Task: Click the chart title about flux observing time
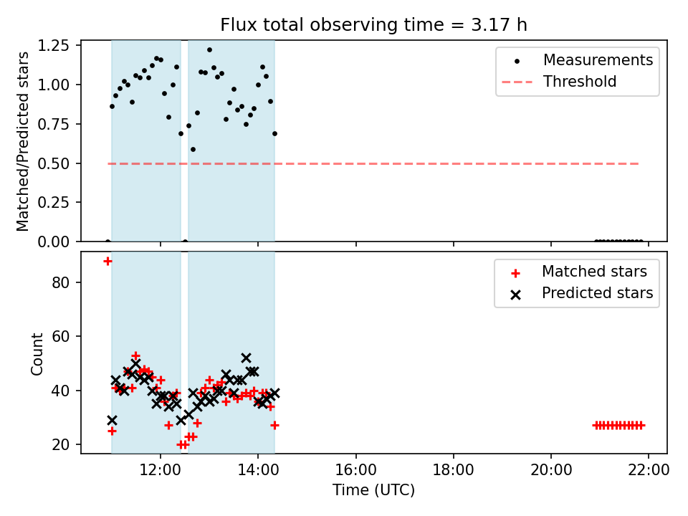pyautogui.click(x=373, y=25)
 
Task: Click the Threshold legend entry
pyautogui.click(x=560, y=82)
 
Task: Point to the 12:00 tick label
pyautogui.click(x=160, y=470)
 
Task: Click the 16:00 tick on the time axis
pyautogui.click(x=356, y=470)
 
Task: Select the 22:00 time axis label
pyautogui.click(x=649, y=470)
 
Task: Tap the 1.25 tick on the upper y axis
pyautogui.click(x=54, y=46)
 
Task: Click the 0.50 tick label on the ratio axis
pyautogui.click(x=54, y=163)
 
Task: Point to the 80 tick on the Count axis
pyautogui.click(x=60, y=282)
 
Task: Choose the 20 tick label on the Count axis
pyautogui.click(x=60, y=444)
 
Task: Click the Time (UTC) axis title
pyautogui.click(x=373, y=489)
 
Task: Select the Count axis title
pyautogui.click(x=37, y=353)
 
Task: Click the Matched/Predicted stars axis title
pyautogui.click(x=22, y=141)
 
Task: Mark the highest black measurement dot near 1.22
pyautogui.click(x=209, y=50)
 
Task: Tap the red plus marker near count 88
pyautogui.click(x=107, y=262)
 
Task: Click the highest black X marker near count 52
pyautogui.click(x=246, y=358)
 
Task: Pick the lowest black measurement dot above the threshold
pyautogui.click(x=193, y=150)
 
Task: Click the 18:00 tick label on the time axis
pyautogui.click(x=453, y=470)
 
